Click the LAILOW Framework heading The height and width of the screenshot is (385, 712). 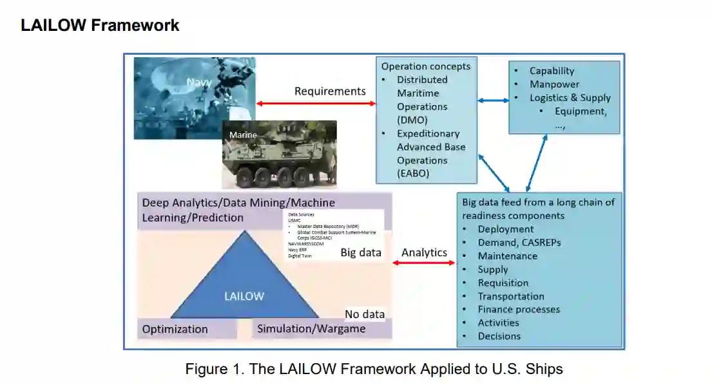(100, 25)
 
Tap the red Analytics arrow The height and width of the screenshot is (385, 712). (424, 263)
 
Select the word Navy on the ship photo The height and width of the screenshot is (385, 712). (199, 82)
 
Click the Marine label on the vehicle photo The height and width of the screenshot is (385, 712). (243, 135)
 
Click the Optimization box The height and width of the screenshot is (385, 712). (175, 329)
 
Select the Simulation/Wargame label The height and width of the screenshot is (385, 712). (311, 329)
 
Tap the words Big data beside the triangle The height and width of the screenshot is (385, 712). (361, 252)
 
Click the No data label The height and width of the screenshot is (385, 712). (365, 314)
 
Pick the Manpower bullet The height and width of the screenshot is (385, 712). (554, 84)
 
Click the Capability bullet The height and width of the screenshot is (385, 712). (552, 71)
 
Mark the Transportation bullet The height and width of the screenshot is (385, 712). (510, 296)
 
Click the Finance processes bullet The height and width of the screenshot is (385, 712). (519, 309)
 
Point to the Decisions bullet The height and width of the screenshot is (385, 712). (499, 336)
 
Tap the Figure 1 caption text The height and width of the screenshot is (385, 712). (374, 369)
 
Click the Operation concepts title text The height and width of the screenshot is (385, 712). (426, 66)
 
